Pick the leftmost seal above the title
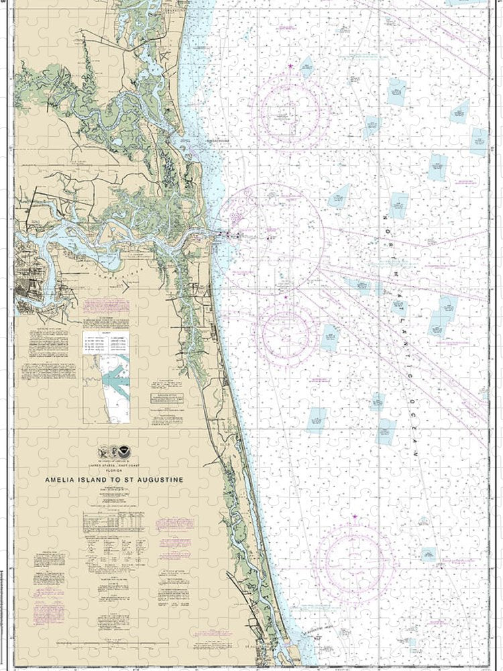coord(103,453)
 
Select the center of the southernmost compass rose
coord(353,559)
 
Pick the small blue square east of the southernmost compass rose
coord(427,554)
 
